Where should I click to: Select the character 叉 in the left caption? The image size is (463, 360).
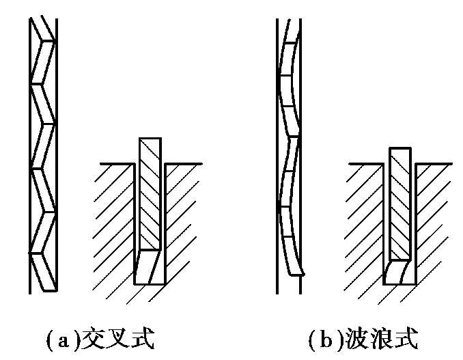click(117, 338)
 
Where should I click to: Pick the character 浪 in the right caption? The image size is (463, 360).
click(381, 338)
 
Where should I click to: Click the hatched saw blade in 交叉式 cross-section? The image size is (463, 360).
click(150, 194)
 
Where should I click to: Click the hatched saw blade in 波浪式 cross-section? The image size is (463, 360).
click(400, 204)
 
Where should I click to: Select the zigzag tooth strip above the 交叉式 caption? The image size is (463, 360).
click(43, 154)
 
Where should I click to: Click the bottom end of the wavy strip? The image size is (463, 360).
click(296, 274)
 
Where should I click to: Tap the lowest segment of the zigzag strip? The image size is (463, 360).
click(44, 273)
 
